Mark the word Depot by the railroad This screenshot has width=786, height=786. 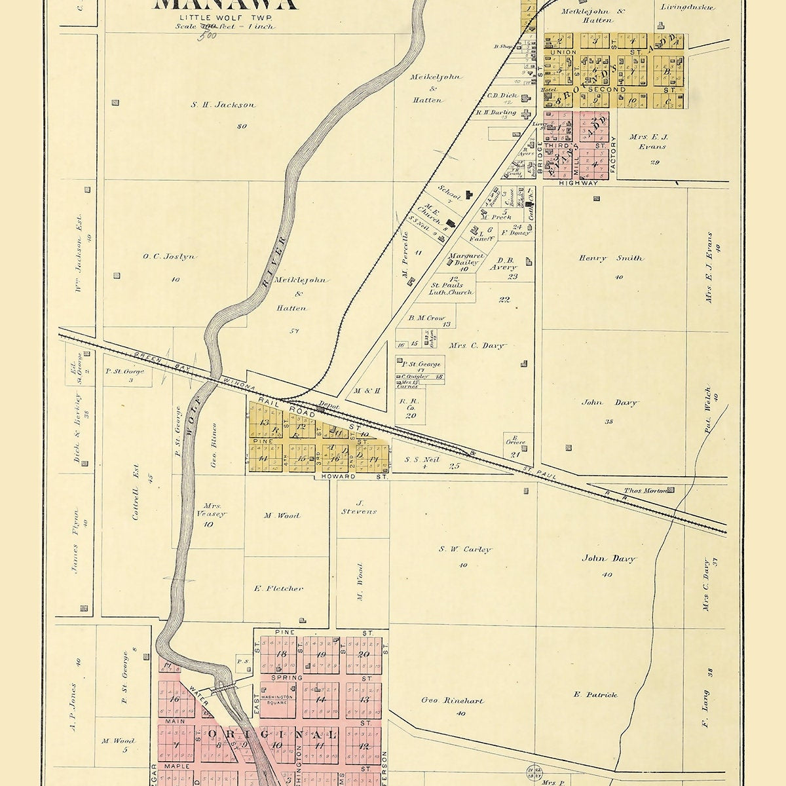pos(328,406)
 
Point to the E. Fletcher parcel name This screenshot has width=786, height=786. pos(278,588)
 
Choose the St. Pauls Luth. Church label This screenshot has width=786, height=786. pos(447,289)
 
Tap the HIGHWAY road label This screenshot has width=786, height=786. pos(578,183)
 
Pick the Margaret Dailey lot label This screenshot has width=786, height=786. pos(466,259)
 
